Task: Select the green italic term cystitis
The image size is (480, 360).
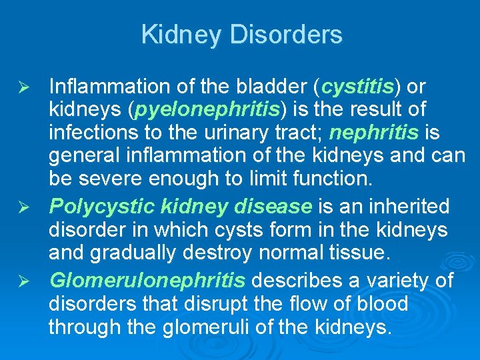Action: pyautogui.click(x=358, y=87)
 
